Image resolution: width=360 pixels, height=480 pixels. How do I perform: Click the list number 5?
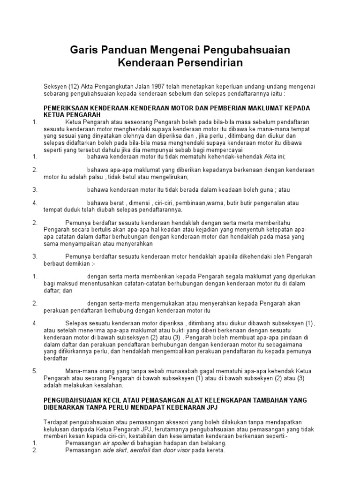35,371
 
